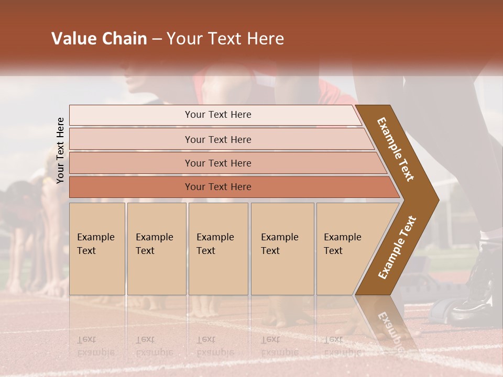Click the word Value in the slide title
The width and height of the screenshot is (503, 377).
[x=73, y=39]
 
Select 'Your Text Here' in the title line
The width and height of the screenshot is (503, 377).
[x=225, y=39]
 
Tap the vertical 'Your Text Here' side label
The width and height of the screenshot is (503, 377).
[x=60, y=150]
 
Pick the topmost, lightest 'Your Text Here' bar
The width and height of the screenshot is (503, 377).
[x=217, y=115]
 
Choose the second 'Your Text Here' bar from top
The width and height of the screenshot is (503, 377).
[x=217, y=139]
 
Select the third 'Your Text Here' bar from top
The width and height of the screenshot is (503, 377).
[x=217, y=163]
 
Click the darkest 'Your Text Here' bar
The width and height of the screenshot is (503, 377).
[x=217, y=187]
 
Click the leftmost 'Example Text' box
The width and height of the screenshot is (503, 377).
[x=97, y=249]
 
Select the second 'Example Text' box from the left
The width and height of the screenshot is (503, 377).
[x=156, y=249]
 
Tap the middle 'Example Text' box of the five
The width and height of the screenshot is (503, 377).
[x=218, y=249]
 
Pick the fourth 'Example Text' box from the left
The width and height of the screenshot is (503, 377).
[x=282, y=249]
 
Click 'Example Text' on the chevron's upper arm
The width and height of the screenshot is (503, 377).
[x=396, y=149]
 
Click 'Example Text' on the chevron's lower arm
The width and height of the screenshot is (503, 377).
[x=397, y=247]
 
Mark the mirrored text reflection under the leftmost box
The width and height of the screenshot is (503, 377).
[x=95, y=346]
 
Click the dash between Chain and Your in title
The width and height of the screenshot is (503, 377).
[x=157, y=39]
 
